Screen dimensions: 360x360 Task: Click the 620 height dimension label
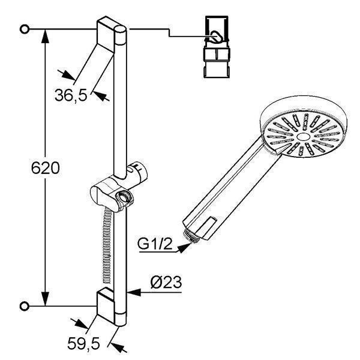tap(45, 168)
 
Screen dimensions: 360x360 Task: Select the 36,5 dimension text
tap(71, 95)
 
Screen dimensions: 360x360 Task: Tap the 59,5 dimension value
tap(84, 344)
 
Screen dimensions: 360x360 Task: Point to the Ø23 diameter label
tap(166, 282)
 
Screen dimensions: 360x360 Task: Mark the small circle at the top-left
tap(25, 29)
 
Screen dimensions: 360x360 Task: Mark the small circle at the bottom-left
tap(25, 306)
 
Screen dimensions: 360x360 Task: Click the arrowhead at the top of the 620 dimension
tap(45, 36)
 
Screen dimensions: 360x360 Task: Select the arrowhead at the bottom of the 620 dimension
tap(45, 299)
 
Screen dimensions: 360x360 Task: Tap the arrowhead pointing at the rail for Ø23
tap(134, 293)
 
